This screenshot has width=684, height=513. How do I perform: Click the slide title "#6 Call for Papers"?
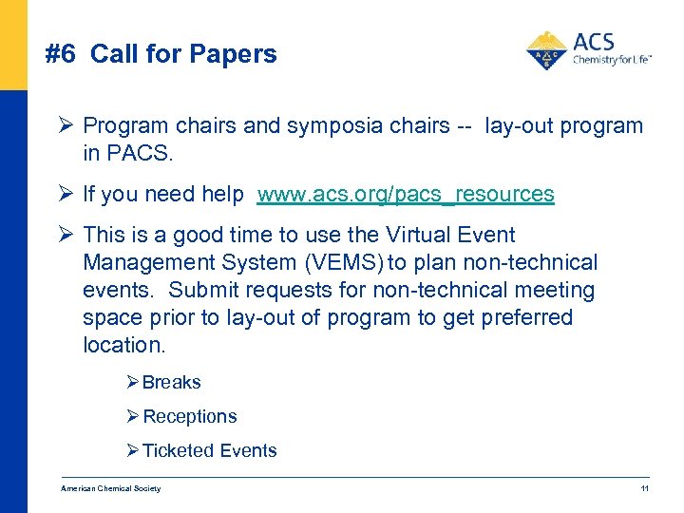161,54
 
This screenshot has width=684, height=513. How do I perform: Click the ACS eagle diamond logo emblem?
546,51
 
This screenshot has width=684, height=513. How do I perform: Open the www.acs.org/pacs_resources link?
406,195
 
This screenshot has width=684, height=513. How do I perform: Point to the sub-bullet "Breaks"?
172,383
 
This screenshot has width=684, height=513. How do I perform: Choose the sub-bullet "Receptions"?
190,417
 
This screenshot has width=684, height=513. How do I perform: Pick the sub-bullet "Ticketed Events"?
210,451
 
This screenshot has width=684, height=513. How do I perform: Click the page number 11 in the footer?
644,489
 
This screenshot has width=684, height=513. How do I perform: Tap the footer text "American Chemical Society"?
111,489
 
